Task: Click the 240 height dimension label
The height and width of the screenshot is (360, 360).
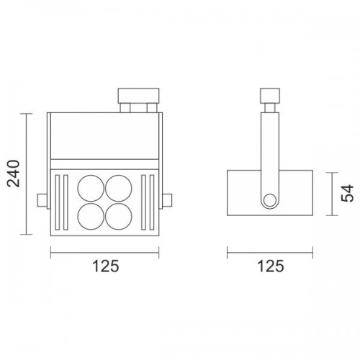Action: point(13,174)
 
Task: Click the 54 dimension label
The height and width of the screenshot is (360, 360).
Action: point(347,193)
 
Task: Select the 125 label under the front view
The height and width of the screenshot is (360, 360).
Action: point(106,266)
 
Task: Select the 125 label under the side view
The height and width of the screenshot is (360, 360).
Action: point(271,266)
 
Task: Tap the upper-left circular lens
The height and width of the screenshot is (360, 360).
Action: point(91,188)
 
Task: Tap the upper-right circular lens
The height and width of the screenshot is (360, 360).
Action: point(119,188)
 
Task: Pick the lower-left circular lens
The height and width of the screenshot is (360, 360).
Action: point(91,216)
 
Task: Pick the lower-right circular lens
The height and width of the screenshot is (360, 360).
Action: point(119,216)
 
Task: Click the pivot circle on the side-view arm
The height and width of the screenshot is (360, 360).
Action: point(270,200)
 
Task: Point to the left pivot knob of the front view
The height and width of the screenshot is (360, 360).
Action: point(42,200)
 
